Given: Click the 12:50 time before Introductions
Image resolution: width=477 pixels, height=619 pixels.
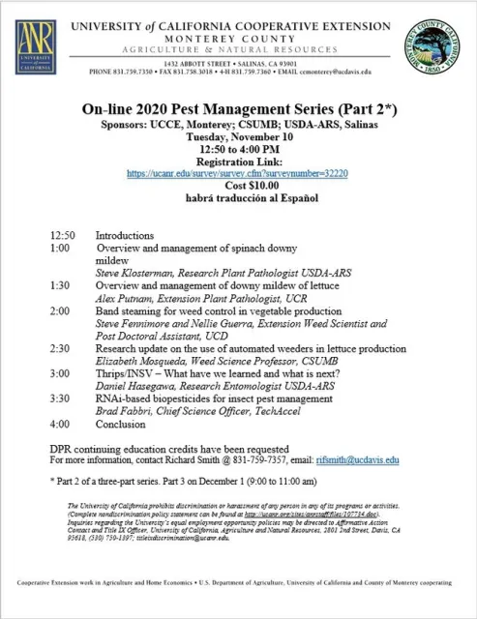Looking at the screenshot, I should [59, 235].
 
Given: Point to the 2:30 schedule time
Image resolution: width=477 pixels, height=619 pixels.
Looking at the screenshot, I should [56, 348].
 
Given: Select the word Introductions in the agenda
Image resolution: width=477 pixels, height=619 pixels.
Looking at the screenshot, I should [125, 235].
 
